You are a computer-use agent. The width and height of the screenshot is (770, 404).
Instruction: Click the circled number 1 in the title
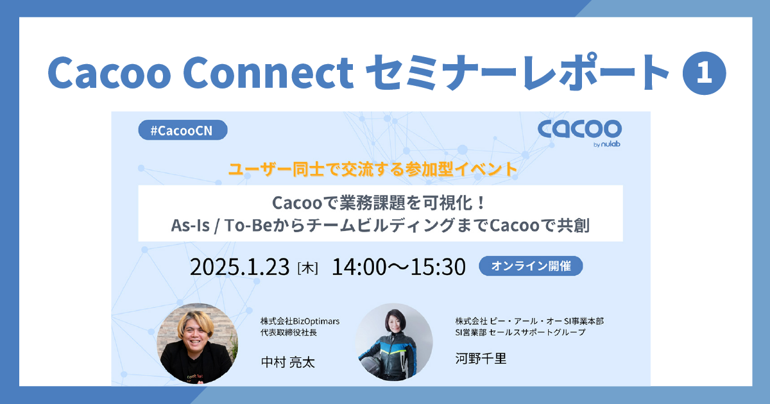pos(704,73)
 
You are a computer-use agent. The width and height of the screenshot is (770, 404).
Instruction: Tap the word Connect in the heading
pos(268,73)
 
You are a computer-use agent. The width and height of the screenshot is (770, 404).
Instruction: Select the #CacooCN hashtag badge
pos(182,130)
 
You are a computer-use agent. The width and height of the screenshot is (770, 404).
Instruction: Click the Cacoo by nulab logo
pos(579,133)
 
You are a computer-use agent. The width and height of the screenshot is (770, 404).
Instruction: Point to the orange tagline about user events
pos(373,169)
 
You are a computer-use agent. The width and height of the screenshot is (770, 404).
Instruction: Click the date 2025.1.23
pos(239,267)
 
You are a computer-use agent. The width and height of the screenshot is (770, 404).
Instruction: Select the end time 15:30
pos(438,267)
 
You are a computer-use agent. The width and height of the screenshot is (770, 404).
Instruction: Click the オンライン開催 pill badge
pos(531,266)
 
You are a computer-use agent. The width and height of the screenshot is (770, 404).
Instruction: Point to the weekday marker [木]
pos(307,268)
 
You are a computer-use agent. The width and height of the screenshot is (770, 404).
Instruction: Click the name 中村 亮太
pos(287,362)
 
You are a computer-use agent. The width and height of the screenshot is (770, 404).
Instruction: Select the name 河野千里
pos(481,358)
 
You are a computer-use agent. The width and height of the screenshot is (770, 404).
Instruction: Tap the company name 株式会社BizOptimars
pos(300,321)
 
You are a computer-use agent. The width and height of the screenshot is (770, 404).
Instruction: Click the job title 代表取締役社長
pos(288,333)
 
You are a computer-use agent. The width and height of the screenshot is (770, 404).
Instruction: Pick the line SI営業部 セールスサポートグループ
pos(520,332)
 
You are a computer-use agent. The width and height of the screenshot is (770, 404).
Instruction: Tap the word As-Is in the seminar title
pos(190,226)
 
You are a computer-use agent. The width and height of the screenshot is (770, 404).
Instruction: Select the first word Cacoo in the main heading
pos(109,73)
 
